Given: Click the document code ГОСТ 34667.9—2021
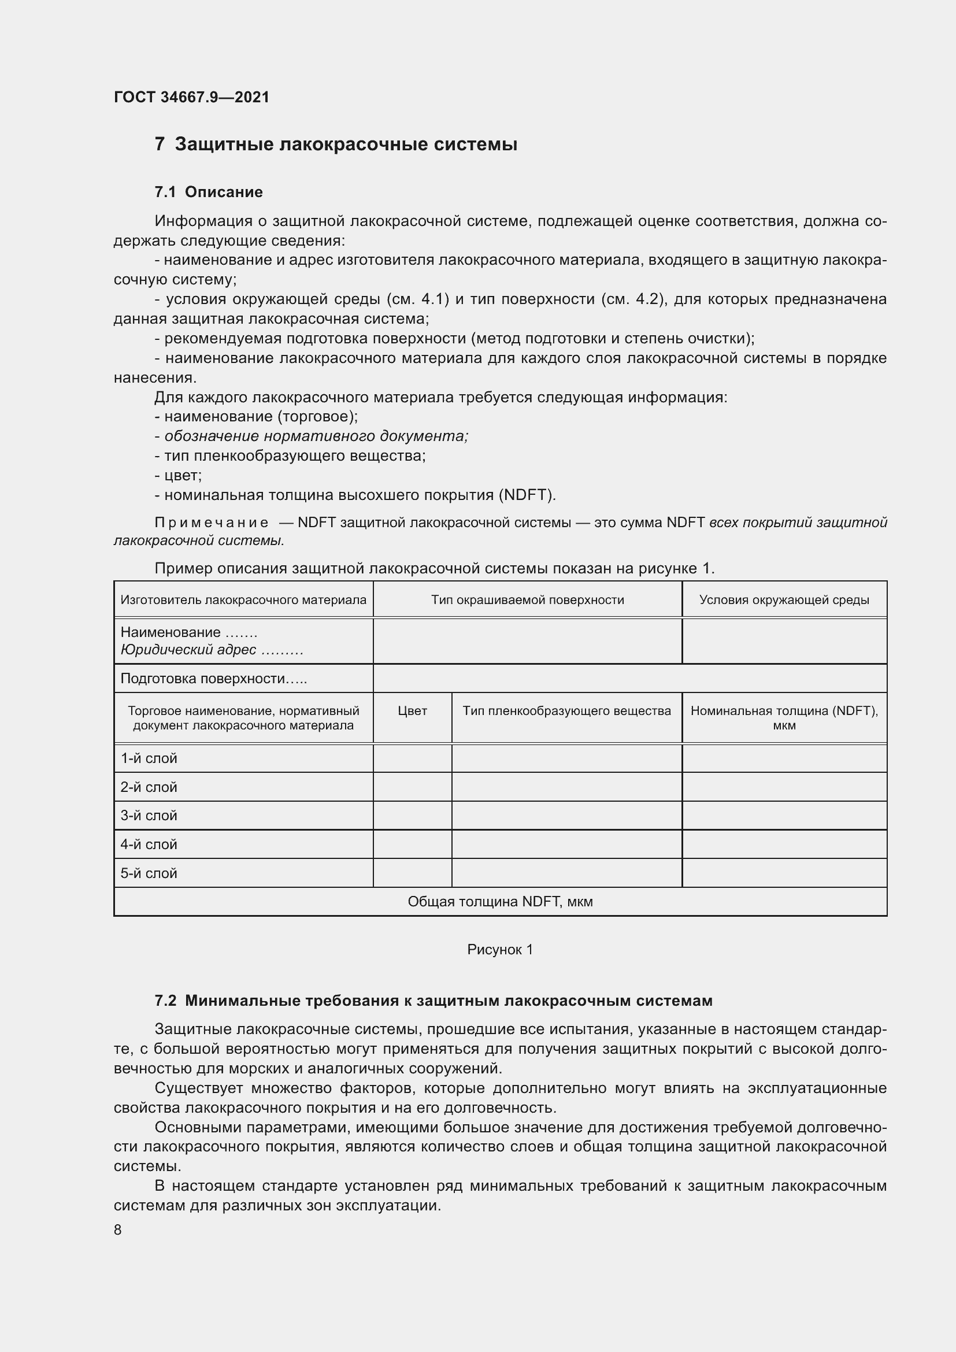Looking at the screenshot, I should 191,97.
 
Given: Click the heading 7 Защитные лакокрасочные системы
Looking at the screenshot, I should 336,145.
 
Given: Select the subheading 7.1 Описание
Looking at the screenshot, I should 209,192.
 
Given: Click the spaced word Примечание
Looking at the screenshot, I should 212,523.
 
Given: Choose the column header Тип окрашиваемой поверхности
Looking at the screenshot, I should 528,599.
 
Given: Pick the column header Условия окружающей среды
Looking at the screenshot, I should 784,599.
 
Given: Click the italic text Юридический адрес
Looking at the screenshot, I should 188,650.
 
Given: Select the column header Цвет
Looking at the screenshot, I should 412,711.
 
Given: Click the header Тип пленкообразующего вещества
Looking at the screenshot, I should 566,711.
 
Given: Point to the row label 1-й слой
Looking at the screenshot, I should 149,758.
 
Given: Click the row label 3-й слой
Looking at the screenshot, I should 149,816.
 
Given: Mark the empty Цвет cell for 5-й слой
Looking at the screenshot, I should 412,873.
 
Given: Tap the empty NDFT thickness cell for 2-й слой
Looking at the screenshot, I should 784,787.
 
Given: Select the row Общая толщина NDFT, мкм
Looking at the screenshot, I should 500,902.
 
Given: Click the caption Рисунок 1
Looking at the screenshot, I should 500,949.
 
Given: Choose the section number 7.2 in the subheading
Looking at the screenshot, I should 165,1001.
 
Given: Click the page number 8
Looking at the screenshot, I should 118,1230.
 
